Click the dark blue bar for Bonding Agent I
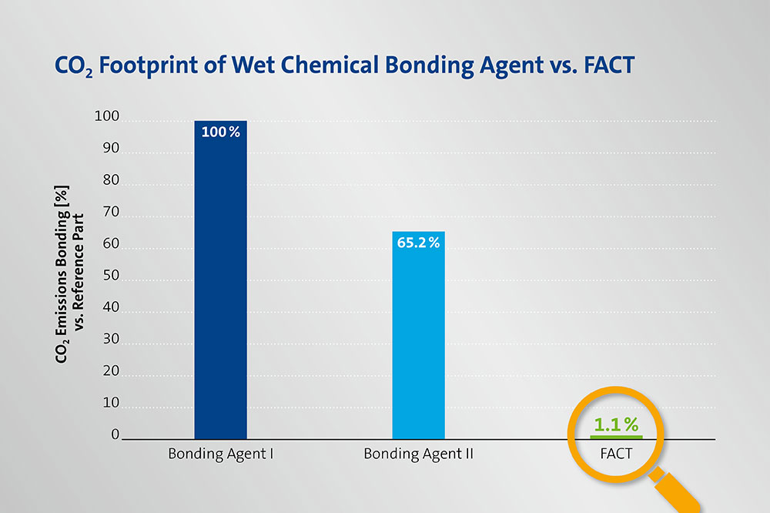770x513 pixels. [220, 285]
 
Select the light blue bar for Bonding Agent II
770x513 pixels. [418, 339]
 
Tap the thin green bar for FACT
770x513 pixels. [616, 437]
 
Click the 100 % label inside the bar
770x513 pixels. [220, 132]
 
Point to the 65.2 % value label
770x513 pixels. [418, 243]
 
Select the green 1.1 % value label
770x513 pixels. [616, 424]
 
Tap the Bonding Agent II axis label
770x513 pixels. [418, 454]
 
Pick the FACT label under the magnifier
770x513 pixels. [616, 454]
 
